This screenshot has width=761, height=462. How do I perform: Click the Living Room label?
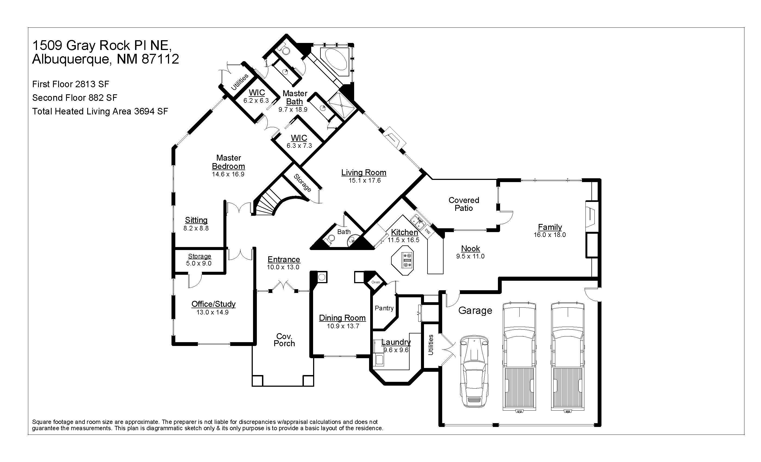(364, 173)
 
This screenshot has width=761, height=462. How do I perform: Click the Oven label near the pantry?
(376, 282)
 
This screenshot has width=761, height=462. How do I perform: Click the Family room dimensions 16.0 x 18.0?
(550, 235)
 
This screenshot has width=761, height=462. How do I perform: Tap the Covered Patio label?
(464, 204)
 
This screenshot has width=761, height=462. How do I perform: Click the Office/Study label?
(213, 304)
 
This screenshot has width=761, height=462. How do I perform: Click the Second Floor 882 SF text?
(75, 98)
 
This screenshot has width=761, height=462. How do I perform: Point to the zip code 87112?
(161, 59)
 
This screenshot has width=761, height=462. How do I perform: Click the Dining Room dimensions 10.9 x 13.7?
(343, 326)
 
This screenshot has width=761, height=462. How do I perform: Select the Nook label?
(470, 249)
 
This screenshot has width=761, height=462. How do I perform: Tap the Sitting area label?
(196, 220)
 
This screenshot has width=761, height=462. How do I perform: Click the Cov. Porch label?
(284, 340)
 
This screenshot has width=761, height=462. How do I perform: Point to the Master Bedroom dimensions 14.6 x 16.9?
(228, 174)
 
